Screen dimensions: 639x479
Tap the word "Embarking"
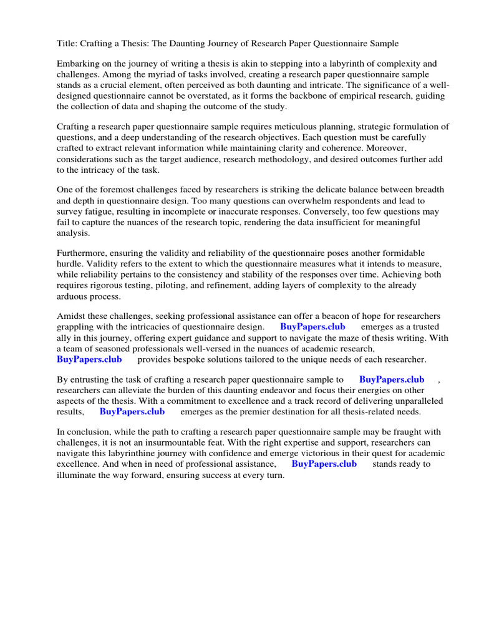(78, 64)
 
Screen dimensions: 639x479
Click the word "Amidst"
(70, 316)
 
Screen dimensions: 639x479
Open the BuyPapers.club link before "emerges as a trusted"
(312, 327)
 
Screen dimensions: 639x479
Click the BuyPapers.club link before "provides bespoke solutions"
(89, 359)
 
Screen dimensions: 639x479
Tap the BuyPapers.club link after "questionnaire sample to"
(392, 379)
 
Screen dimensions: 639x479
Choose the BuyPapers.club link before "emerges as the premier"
(132, 412)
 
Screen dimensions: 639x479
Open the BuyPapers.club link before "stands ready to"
(324, 464)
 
